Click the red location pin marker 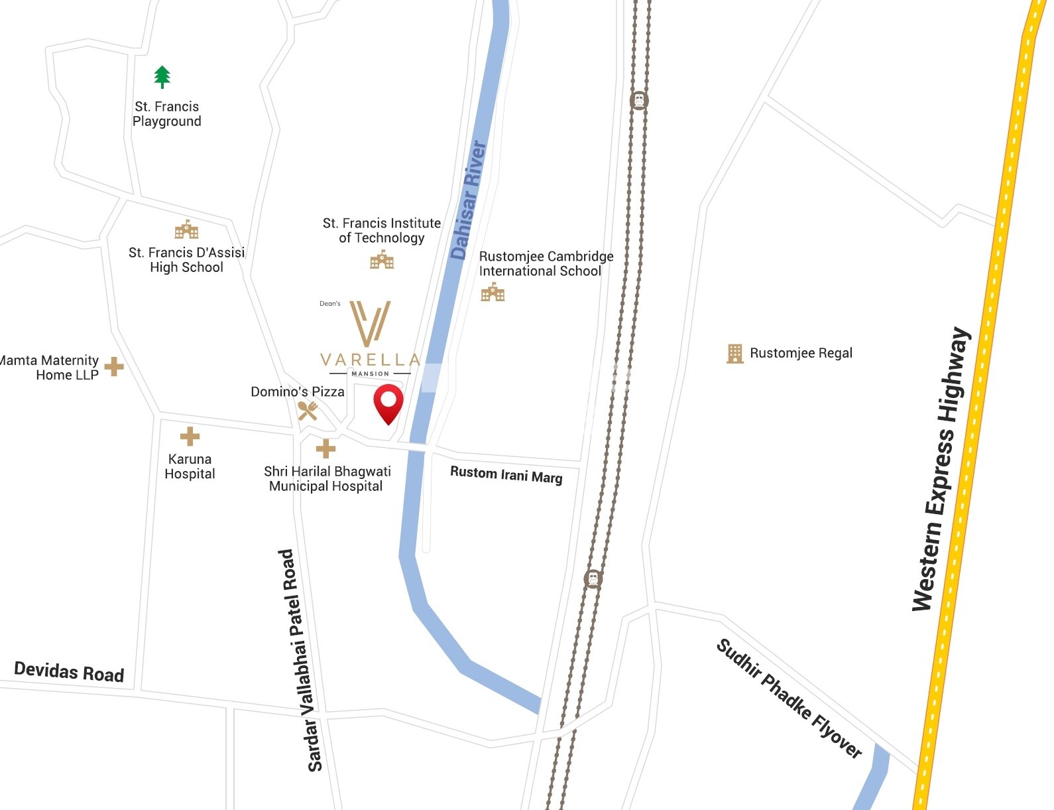(388, 403)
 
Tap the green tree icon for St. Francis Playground (162, 77)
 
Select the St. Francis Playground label (167, 114)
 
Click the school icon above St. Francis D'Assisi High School (187, 230)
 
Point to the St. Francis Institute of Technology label (382, 231)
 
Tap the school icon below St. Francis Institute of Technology (382, 260)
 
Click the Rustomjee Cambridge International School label (546, 264)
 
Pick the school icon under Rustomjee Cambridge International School (493, 292)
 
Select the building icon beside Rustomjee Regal (734, 354)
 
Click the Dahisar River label (469, 200)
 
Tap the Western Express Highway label (941, 469)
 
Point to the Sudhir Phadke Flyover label (790, 699)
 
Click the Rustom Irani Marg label (506, 475)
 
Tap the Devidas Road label (69, 671)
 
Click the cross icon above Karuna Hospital (190, 436)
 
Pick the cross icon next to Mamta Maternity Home (114, 366)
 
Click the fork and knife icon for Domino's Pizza (308, 411)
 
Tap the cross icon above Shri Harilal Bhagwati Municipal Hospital (325, 449)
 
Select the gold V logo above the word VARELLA (370, 323)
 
